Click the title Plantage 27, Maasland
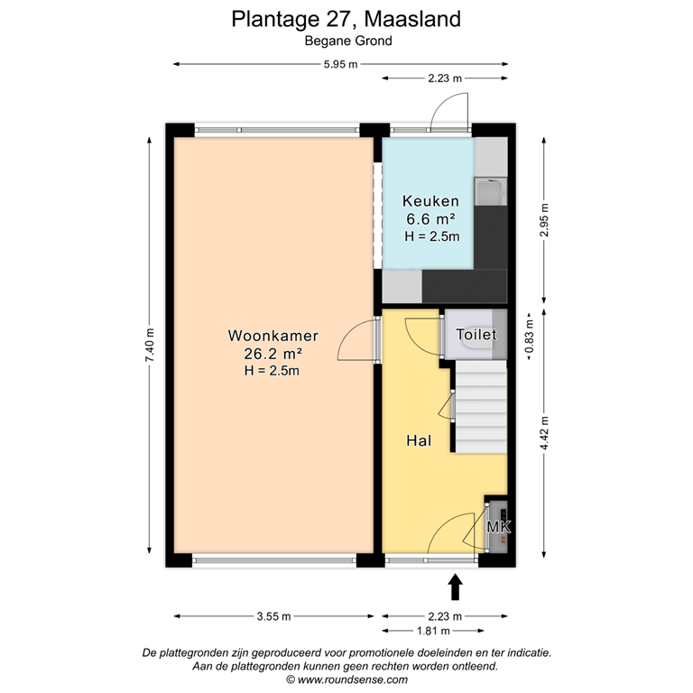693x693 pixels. [x=346, y=17]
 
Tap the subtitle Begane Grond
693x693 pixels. [x=346, y=40]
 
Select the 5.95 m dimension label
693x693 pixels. [x=340, y=64]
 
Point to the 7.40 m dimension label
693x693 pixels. [x=150, y=343]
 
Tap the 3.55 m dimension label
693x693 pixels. [x=273, y=616]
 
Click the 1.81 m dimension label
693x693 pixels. [x=428, y=631]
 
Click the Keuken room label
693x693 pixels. [x=431, y=202]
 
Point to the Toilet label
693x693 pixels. [x=476, y=335]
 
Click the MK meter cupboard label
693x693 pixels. [x=498, y=527]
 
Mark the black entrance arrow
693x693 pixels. [x=455, y=587]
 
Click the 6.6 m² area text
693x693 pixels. [x=431, y=219]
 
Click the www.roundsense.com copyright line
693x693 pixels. [x=346, y=680]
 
